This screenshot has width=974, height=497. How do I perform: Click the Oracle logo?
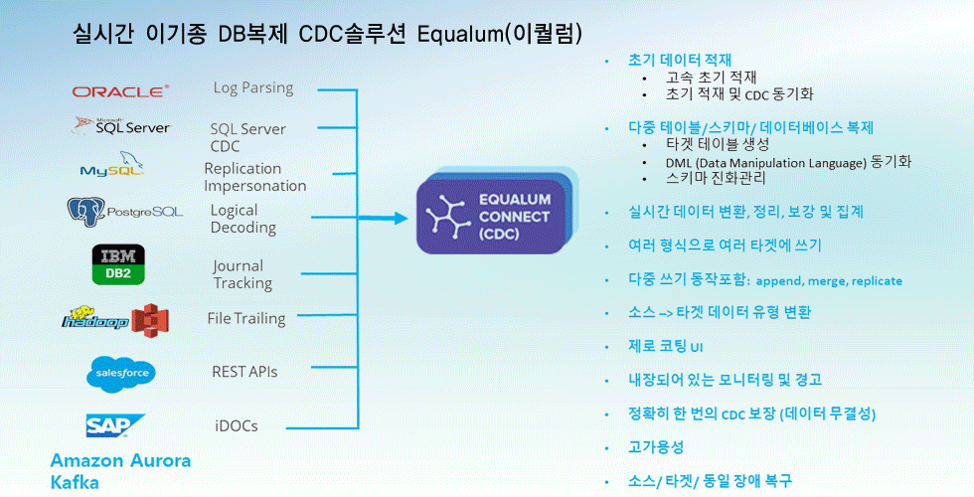[120, 91]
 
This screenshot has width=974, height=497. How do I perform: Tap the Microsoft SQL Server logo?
[121, 126]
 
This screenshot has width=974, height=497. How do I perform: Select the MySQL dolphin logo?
[111, 164]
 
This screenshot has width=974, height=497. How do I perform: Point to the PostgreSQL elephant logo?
[125, 212]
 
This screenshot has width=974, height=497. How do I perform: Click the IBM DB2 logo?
[118, 264]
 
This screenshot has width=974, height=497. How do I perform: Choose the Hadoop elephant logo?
[95, 319]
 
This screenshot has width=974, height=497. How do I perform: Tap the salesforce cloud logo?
[121, 374]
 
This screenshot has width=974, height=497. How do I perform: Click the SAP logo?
[115, 425]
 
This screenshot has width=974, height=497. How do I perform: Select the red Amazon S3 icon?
[150, 320]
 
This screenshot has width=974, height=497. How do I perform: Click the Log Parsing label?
[253, 88]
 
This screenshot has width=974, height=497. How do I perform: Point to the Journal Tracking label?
[243, 274]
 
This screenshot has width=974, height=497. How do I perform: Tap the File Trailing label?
[246, 319]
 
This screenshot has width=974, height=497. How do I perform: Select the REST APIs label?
[244, 372]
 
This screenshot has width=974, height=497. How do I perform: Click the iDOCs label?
[237, 426]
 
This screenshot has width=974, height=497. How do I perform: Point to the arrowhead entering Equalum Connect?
[400, 218]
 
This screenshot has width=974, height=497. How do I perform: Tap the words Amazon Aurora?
[120, 461]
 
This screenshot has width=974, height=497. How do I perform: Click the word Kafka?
[75, 483]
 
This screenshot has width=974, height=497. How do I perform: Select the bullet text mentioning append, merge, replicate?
[765, 280]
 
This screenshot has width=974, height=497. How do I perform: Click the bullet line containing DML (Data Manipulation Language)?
[788, 162]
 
